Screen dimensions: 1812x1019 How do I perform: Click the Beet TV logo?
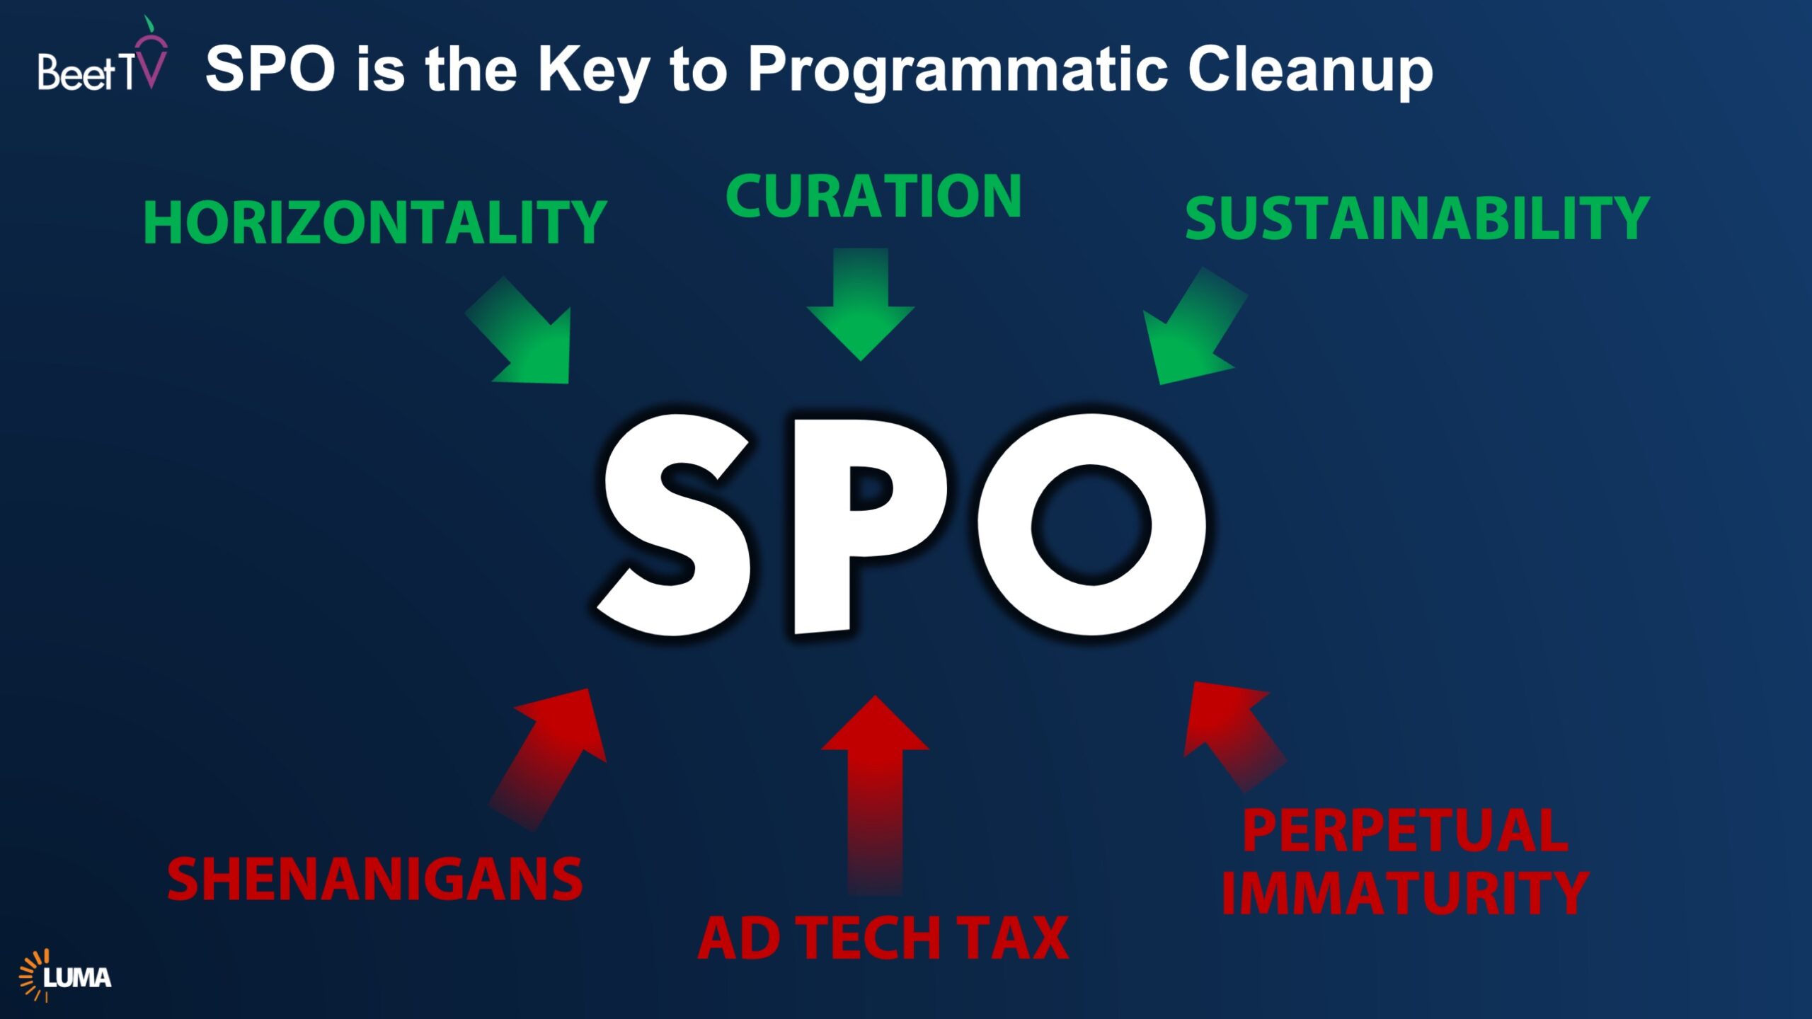(103, 55)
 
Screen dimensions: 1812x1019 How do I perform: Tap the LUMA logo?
(65, 976)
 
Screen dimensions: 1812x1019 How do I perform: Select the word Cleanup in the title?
(1310, 71)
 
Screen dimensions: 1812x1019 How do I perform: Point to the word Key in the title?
(594, 71)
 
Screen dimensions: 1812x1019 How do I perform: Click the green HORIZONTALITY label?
(375, 223)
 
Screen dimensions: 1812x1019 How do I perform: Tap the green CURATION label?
(873, 196)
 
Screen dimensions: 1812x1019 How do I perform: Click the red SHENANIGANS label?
(375, 879)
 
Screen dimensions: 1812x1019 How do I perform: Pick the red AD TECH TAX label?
(883, 938)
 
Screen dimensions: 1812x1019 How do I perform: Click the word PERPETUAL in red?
(1406, 831)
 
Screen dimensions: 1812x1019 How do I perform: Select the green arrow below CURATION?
(861, 304)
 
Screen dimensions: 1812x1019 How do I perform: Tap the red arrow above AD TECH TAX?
(875, 796)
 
